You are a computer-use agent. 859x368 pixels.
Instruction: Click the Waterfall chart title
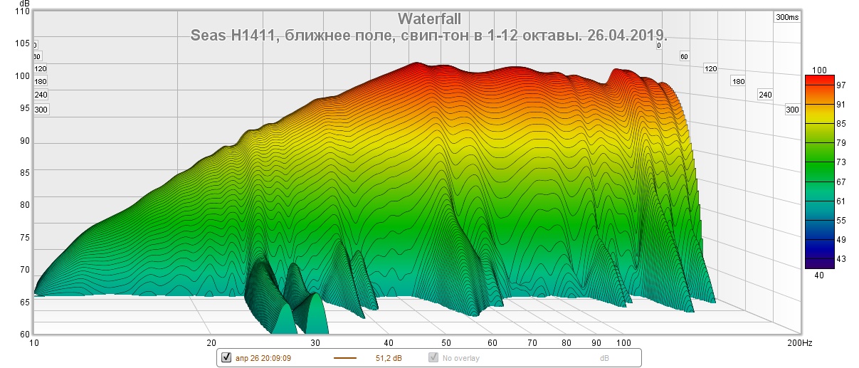(429, 19)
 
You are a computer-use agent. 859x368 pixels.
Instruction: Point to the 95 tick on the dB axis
(23, 108)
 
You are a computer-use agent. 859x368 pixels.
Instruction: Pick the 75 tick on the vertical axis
(23, 238)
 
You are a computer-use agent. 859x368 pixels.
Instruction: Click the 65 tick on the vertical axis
(23, 303)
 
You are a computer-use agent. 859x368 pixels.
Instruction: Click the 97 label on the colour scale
(821, 85)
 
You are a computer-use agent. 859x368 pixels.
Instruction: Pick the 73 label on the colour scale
(821, 163)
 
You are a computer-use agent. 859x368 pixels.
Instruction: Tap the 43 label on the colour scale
(821, 258)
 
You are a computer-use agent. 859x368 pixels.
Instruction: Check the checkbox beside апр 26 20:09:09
(227, 357)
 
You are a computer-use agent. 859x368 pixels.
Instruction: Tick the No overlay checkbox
(433, 357)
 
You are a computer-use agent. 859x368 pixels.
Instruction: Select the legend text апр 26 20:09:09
(262, 358)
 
